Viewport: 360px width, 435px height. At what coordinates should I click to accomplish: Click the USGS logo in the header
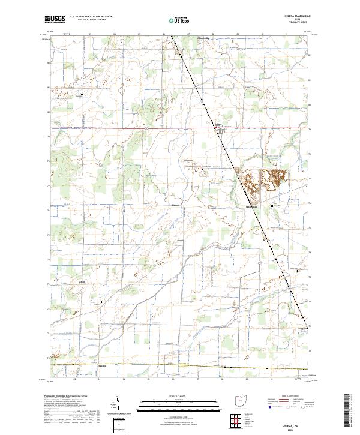click(x=55, y=19)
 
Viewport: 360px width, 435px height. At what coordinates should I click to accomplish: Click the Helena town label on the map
click(x=219, y=125)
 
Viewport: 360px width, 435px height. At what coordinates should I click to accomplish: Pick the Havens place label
click(x=176, y=203)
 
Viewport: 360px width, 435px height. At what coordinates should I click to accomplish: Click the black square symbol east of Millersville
click(x=272, y=206)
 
